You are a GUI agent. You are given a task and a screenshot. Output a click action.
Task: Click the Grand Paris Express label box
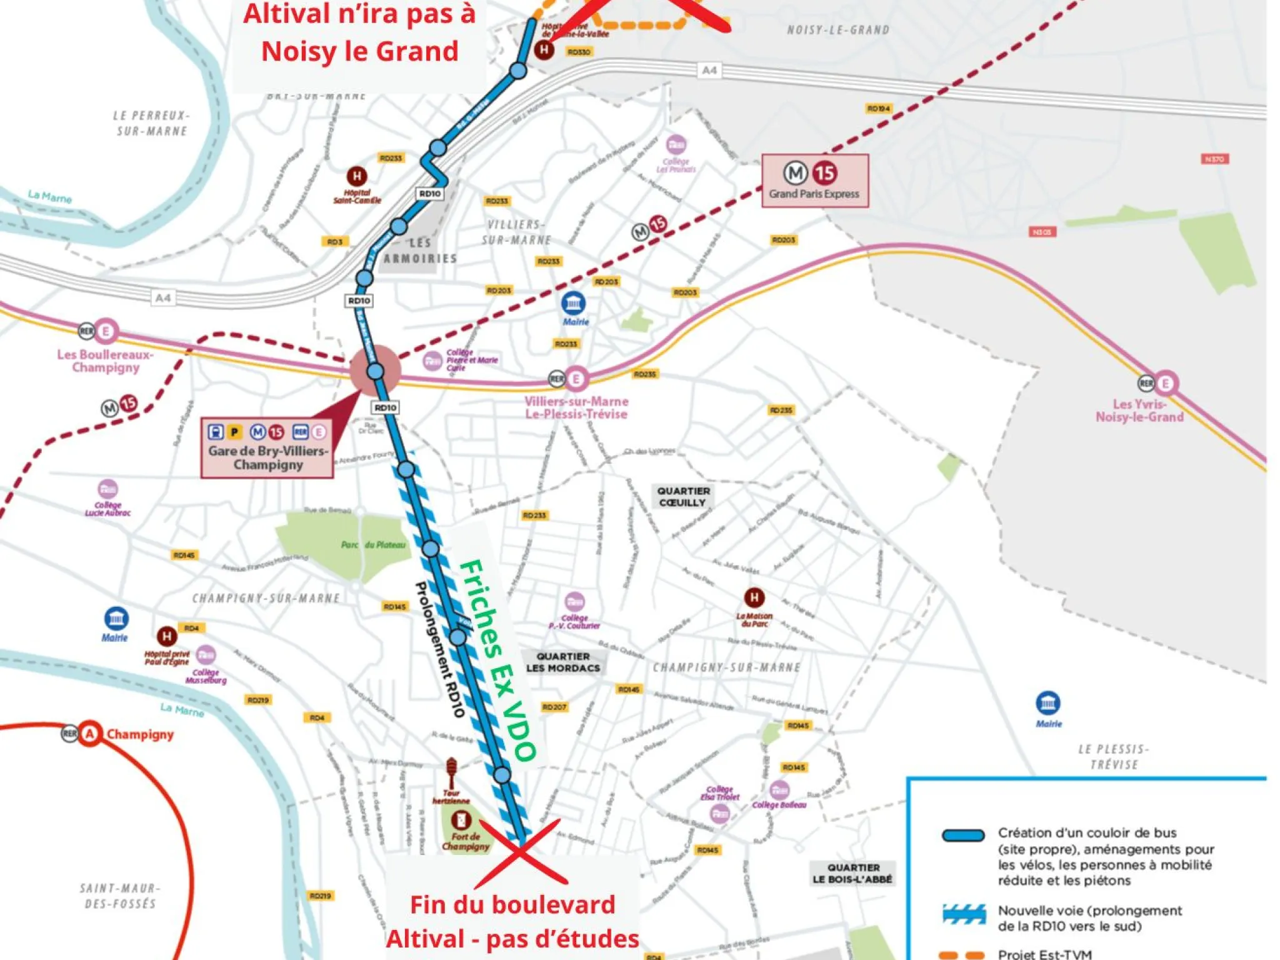pos(814,181)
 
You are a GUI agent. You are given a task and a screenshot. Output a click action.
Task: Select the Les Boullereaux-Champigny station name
pos(105,361)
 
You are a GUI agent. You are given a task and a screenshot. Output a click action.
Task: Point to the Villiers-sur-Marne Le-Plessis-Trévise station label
pos(576,407)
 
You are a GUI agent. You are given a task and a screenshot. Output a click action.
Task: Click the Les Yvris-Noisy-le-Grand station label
pos(1139,411)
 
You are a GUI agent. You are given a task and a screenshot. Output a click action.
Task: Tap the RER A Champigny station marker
pos(90,733)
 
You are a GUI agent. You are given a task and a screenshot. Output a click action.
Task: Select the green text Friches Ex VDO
pos(497,660)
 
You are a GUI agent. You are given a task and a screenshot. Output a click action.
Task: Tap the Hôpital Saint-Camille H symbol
pos(357,176)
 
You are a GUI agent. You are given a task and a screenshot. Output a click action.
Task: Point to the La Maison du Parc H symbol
pos(754,597)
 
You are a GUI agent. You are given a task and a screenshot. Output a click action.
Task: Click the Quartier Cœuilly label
pos(683,497)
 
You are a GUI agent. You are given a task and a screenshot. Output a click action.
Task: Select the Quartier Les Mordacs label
pos(562,662)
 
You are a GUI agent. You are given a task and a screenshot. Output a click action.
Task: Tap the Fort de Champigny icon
pos(461,819)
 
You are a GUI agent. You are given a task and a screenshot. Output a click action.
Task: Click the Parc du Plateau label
pos(373,545)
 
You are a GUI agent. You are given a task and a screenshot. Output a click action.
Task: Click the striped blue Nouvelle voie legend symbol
pos(964,914)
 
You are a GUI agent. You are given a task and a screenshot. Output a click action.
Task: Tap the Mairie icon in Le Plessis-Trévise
pos(1048,702)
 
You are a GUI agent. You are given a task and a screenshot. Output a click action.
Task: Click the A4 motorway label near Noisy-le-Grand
pos(709,70)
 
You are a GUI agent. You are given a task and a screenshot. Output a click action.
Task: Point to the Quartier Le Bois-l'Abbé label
pos(853,873)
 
